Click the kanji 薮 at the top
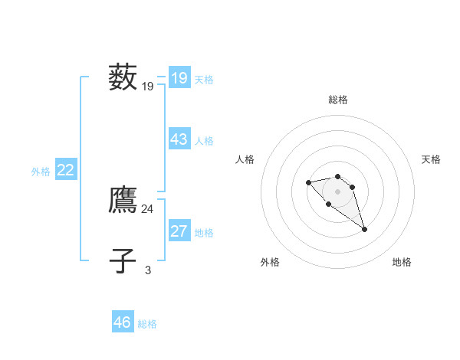coord(123,77)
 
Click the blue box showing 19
coord(179,78)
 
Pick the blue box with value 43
coord(179,139)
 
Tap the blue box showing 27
coord(179,231)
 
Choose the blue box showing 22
coord(65,170)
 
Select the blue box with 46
coord(122,322)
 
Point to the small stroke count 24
coord(147,208)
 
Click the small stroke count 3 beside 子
coord(148,270)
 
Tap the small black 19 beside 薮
coord(147,87)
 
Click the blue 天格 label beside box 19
coord(204,79)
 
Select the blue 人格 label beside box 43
coord(204,141)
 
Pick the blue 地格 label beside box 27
coord(204,233)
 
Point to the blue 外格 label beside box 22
coord(41,172)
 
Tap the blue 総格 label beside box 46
coord(147,324)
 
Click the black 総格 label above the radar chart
coord(338,100)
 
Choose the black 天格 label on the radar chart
coord(431,159)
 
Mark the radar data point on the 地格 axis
coord(365,229)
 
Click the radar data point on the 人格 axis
coord(308,182)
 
